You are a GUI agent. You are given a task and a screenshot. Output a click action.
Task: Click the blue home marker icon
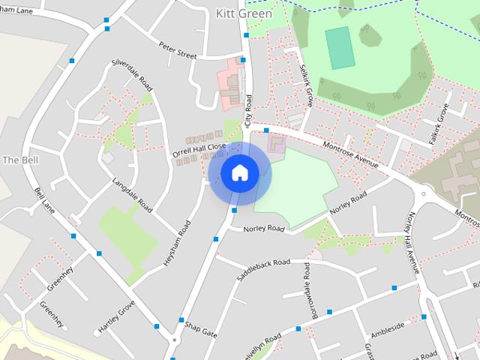239,173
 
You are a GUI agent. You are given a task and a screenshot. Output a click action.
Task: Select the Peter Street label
177,50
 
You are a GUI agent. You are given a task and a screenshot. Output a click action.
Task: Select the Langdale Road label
132,195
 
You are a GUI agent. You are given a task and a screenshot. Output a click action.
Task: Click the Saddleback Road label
262,271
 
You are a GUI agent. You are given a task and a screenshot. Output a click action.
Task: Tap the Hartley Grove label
116,316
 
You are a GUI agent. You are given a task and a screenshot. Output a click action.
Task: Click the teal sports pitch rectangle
339,48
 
